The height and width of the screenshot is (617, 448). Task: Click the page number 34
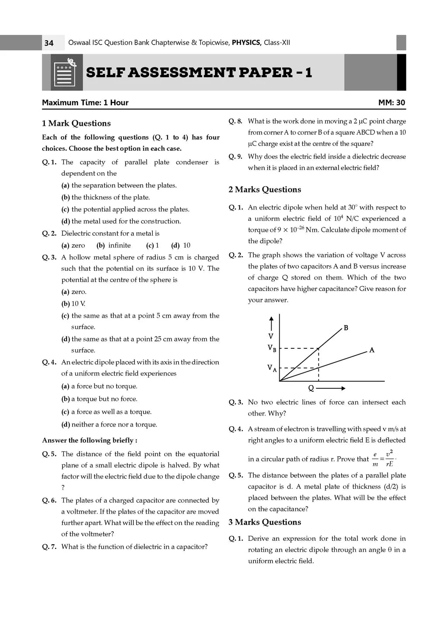49,43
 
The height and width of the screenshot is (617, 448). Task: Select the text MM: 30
392,103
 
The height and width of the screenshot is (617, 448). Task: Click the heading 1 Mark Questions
76,123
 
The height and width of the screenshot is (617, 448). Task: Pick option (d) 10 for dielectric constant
181,245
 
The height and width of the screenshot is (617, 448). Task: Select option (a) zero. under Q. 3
74,292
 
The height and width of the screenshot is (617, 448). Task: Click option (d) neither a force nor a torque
109,424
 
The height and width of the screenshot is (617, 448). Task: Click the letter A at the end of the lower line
371,350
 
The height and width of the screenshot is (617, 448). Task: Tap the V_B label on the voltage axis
272,349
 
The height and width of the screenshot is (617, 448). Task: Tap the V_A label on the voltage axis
272,368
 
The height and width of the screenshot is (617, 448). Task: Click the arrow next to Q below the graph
331,388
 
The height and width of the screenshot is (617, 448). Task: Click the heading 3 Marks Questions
265,522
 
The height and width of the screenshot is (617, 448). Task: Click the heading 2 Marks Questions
265,189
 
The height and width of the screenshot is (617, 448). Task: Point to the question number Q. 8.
235,121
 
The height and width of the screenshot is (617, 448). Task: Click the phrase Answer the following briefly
90,440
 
